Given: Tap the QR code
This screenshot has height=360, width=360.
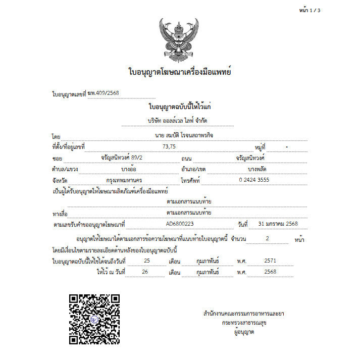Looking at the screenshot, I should point(94,319).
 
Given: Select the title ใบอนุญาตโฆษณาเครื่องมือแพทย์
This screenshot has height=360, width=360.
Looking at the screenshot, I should point(180,73).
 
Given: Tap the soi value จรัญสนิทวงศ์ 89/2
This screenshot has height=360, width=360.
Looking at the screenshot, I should point(115,158).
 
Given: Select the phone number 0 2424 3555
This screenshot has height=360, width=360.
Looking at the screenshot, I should point(254,180).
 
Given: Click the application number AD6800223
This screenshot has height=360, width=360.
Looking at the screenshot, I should point(180,224).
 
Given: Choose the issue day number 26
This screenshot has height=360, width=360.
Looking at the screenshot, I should point(145,272).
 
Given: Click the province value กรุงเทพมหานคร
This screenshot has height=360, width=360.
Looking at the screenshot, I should point(124,180).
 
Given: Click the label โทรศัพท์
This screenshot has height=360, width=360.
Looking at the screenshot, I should point(190,180).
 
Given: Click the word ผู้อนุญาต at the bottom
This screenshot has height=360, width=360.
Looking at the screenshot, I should point(243,332).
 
